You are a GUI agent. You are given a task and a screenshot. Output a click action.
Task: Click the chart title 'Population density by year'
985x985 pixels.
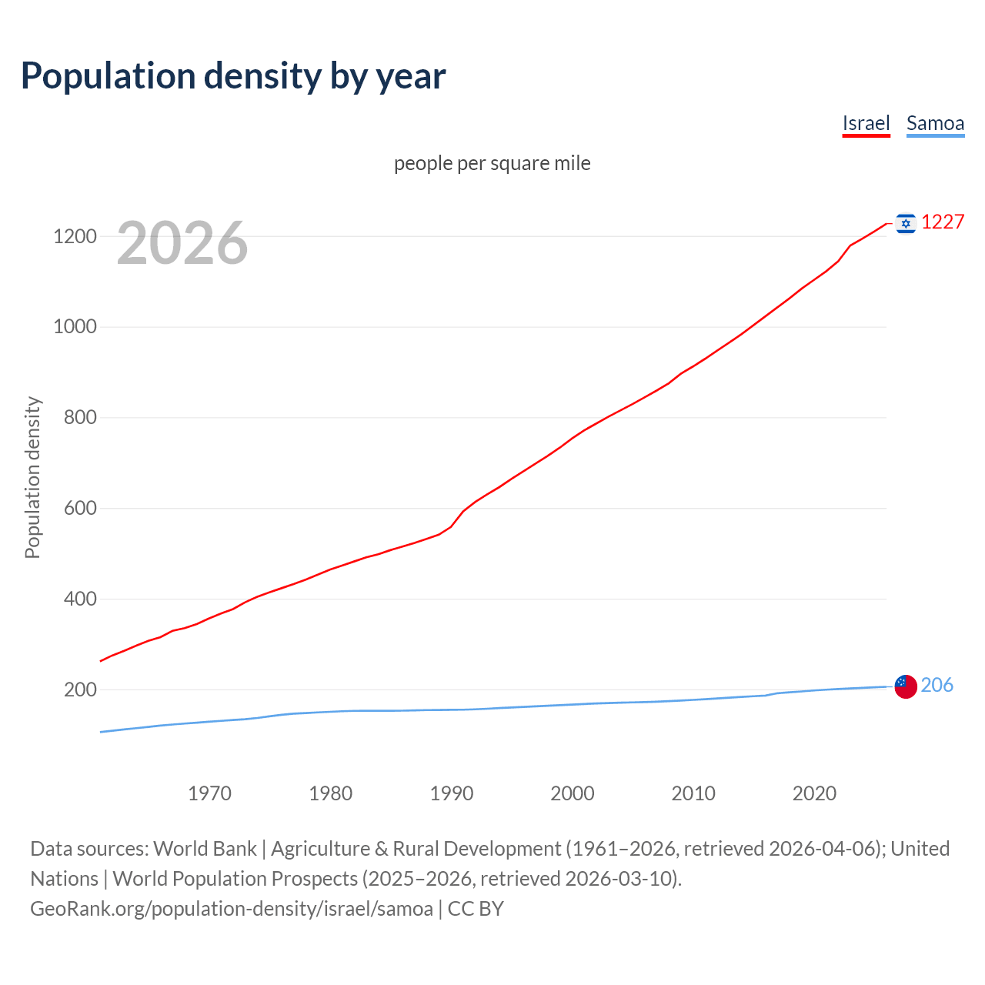coord(233,75)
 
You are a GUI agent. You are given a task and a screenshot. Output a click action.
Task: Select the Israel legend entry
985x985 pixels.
coord(866,123)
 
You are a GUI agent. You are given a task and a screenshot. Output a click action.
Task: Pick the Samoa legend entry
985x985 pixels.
coord(935,123)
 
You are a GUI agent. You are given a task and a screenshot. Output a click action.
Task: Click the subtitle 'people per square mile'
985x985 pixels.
coord(492,163)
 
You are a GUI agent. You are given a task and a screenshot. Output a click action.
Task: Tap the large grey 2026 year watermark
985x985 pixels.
coord(182,243)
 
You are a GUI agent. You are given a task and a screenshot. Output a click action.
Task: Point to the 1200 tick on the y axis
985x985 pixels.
coord(75,236)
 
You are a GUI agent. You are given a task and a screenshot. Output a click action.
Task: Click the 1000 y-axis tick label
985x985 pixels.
coord(75,327)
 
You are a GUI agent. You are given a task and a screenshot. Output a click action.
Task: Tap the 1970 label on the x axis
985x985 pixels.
coord(209,793)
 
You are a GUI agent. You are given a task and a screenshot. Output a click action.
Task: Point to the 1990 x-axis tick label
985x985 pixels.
coord(452,793)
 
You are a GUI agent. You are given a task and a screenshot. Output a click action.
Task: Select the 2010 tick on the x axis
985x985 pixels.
coord(693,793)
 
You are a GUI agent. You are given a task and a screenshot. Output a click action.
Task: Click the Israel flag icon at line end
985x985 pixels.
coord(906,223)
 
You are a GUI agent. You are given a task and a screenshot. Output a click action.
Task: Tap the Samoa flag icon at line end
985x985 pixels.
coord(906,686)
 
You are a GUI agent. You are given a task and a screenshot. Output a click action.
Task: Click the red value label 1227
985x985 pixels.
coord(943,222)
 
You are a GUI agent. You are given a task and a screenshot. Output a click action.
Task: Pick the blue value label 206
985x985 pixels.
coord(937,685)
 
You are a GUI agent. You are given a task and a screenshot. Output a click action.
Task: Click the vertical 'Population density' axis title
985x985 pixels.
coord(32,477)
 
